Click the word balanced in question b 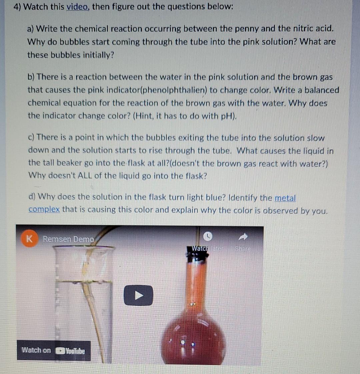coord(319,90)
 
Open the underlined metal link coord(285,198)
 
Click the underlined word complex coord(44,210)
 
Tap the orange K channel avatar coord(29,239)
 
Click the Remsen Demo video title coord(69,239)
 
